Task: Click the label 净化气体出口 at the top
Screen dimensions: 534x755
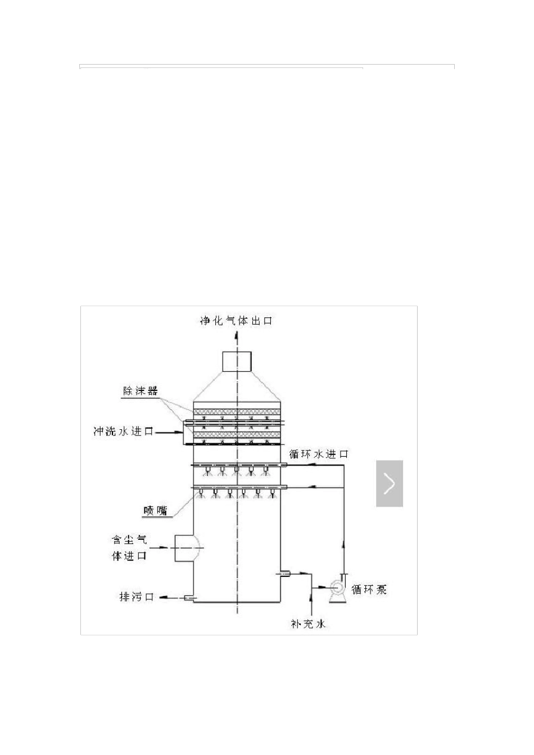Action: click(236, 321)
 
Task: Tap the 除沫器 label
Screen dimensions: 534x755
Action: click(141, 390)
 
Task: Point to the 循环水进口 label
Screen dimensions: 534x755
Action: click(319, 453)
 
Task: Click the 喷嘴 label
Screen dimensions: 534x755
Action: click(155, 511)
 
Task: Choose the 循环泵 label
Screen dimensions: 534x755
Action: click(369, 589)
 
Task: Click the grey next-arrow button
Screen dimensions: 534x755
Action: click(390, 483)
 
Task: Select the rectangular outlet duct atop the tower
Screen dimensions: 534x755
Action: click(237, 361)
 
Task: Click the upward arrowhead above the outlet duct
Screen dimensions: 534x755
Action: click(237, 337)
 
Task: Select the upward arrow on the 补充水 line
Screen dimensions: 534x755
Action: click(311, 595)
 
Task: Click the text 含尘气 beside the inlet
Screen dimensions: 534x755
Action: click(129, 540)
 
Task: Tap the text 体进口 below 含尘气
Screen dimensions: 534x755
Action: click(129, 556)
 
